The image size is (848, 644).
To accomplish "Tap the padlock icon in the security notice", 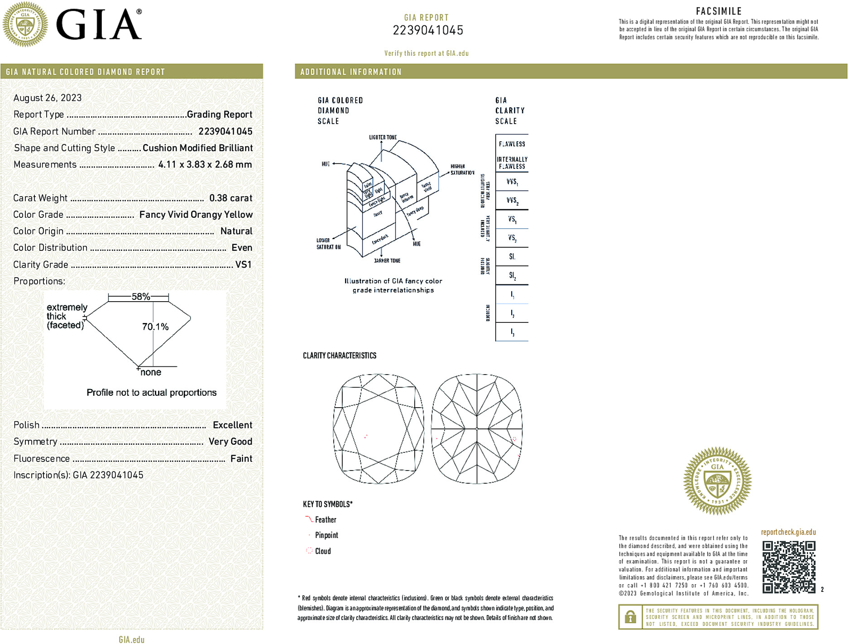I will (x=630, y=617).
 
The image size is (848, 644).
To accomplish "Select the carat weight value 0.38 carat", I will (x=230, y=198).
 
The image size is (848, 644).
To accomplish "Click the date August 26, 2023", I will (x=48, y=98).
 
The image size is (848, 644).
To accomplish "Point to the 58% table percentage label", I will (x=140, y=297).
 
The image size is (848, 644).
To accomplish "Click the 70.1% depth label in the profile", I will (x=155, y=327).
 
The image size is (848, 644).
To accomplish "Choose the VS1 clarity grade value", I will (x=243, y=264).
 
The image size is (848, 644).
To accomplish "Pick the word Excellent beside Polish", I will (x=232, y=425).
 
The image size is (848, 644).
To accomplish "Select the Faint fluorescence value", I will (x=241, y=458).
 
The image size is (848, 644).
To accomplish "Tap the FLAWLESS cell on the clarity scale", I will (x=512, y=144).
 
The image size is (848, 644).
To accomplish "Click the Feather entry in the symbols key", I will (x=326, y=520).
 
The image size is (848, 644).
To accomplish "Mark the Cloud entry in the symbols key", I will (x=323, y=551).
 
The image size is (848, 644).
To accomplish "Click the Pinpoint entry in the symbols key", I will (x=326, y=535).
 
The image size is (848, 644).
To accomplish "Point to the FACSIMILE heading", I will (x=719, y=11).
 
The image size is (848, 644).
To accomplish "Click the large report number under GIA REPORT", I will (x=428, y=30).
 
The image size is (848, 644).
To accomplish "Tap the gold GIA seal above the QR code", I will (x=717, y=481).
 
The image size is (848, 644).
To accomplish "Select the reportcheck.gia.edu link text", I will (x=788, y=532).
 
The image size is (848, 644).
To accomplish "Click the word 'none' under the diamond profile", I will (x=151, y=372).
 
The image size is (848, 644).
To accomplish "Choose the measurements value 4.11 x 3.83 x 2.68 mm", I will (x=205, y=164).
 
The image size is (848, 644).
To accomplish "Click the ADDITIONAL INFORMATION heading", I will (x=351, y=72).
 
